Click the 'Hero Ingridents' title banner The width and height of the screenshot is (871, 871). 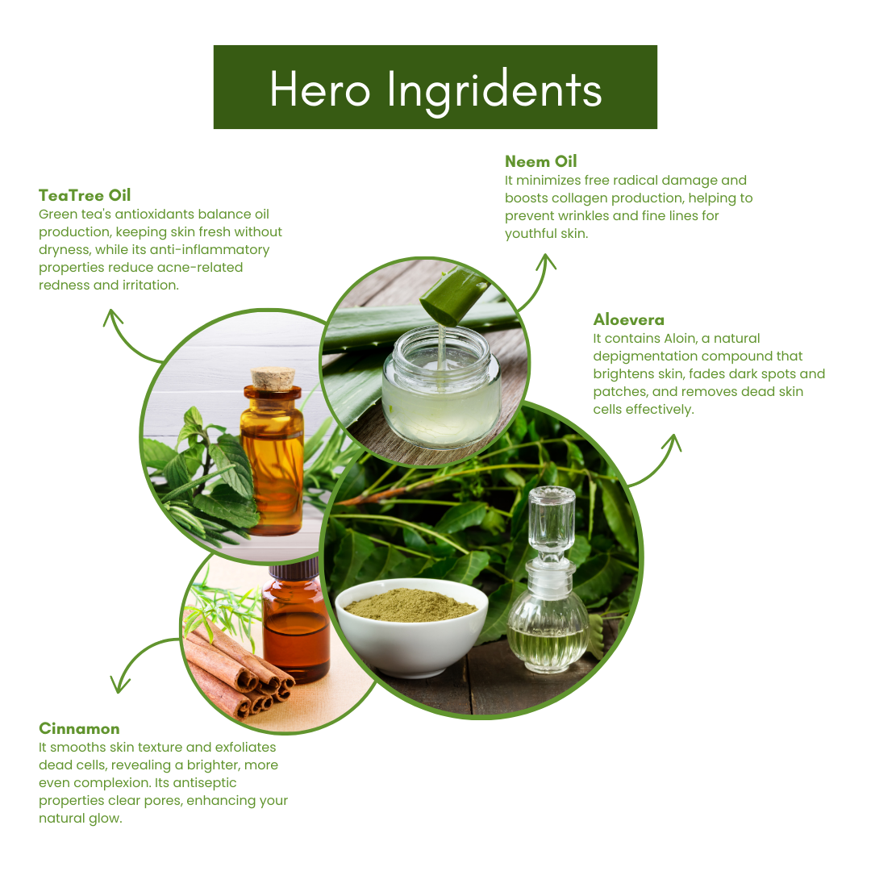point(435,87)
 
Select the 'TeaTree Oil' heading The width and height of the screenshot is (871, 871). point(85,195)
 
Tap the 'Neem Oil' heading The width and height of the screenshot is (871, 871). point(541,161)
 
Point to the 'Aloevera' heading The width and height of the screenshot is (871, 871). point(629,320)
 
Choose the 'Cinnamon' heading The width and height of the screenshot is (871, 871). point(79,729)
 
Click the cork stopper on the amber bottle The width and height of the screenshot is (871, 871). point(273,377)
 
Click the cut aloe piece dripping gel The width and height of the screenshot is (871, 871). point(454,295)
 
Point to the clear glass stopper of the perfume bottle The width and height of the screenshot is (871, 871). point(552,521)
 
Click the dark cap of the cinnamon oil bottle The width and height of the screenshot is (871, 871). point(294,569)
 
